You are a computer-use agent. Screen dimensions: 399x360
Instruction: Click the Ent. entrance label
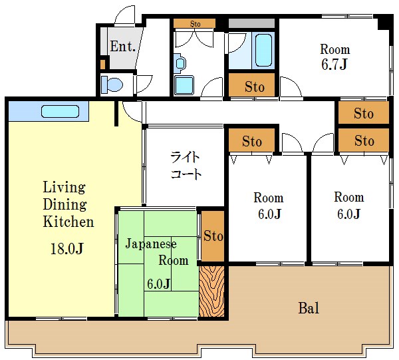pyautogui.click(x=122, y=47)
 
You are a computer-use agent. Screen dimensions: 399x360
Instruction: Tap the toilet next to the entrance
pyautogui.click(x=112, y=85)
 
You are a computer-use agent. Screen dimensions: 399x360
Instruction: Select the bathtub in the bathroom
pyautogui.click(x=263, y=50)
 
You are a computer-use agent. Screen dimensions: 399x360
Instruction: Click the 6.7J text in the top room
pyautogui.click(x=334, y=64)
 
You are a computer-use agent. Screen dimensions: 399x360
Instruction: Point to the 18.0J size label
pyautogui.click(x=67, y=248)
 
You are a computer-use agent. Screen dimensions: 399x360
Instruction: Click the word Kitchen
pyautogui.click(x=68, y=222)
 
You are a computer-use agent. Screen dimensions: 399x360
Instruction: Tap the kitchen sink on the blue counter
pyautogui.click(x=60, y=111)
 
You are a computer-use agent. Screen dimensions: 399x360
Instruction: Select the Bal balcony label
pyautogui.click(x=309, y=308)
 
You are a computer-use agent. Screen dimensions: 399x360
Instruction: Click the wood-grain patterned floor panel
pyautogui.click(x=211, y=291)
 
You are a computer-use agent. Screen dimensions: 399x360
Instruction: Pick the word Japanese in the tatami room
pyautogui.click(x=151, y=244)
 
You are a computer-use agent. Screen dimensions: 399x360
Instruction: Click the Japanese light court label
pyautogui.click(x=186, y=166)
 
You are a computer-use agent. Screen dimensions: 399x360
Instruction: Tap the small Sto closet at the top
pyautogui.click(x=195, y=23)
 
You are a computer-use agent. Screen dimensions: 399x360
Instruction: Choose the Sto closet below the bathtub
pyautogui.click(x=251, y=85)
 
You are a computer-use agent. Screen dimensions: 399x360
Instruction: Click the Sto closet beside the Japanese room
pyautogui.click(x=213, y=236)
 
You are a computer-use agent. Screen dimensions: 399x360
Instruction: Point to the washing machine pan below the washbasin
pyautogui.click(x=184, y=85)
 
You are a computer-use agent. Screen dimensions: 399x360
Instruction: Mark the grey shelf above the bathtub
pyautogui.click(x=251, y=23)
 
